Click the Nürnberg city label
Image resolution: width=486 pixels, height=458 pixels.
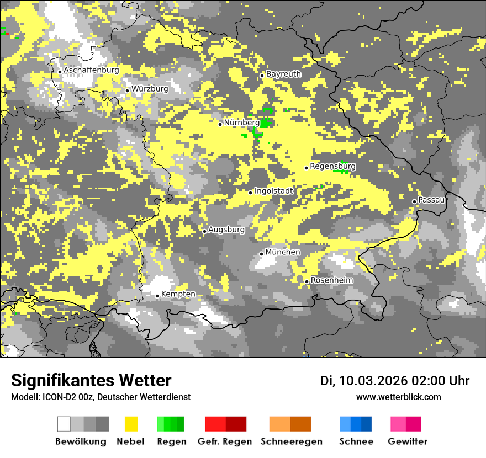coord(241,123)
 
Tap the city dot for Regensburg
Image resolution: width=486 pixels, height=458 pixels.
coord(306,168)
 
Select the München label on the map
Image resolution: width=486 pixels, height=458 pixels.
coord(283,252)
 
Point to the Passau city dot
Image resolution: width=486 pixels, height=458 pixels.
coord(414,201)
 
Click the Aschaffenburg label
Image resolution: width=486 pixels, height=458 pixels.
coord(91,71)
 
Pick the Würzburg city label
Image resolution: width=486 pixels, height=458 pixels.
coord(150,89)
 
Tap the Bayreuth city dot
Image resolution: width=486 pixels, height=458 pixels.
coord(262,76)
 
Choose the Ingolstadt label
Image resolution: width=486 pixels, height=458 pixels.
coord(274,191)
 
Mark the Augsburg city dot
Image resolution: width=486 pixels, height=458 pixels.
coord(204,231)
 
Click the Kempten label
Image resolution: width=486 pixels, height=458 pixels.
coord(178,294)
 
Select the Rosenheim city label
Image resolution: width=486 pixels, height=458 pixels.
coord(332,280)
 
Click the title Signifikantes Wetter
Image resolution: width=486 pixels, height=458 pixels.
coord(91,380)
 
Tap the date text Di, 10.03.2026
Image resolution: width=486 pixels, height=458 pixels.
coord(364,381)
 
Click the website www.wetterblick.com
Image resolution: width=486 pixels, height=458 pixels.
coord(398,397)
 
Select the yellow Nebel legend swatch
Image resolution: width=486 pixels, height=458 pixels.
coord(131,424)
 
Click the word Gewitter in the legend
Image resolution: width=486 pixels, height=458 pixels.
coord(408,441)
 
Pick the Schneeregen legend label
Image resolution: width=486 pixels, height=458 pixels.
coord(292,441)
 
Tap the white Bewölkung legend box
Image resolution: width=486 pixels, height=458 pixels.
coord(64,424)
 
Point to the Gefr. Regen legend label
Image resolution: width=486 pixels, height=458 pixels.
coord(225,441)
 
